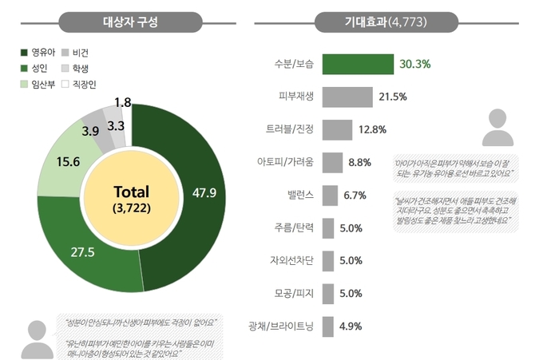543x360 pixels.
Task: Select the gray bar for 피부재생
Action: pyautogui.click(x=347, y=97)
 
